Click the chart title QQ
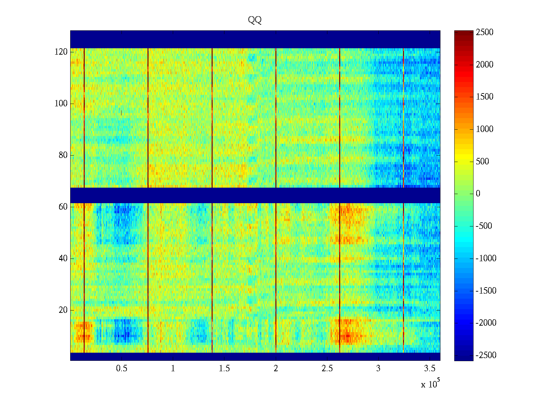pos(255,20)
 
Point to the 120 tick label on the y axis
pos(61,52)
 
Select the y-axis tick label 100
pos(61,104)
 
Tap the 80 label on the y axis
pos(63,155)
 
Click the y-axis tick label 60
pos(63,207)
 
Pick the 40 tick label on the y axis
pos(63,259)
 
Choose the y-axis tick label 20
pos(63,310)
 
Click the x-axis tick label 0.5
pos(122,369)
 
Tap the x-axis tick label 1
pos(173,369)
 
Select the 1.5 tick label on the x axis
pos(224,369)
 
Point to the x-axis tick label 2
pos(276,369)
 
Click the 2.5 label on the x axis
pos(327,369)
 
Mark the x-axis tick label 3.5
pos(430,369)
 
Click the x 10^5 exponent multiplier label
pos(430,384)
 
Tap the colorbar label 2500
pos(485,32)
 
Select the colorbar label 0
pos(478,194)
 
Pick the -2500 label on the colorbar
pos(486,355)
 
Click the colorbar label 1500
pos(485,97)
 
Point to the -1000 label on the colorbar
pos(486,259)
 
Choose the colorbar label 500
pos(483,162)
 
